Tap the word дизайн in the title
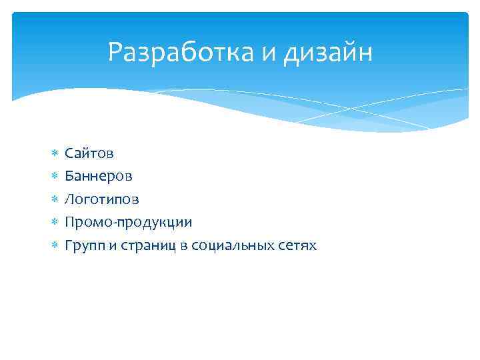click(328, 53)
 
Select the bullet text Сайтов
click(89, 153)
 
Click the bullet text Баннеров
click(99, 177)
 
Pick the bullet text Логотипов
click(102, 200)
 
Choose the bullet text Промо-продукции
click(128, 223)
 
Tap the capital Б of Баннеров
click(69, 177)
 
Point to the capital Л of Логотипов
click(69, 199)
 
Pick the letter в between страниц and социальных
click(183, 246)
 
